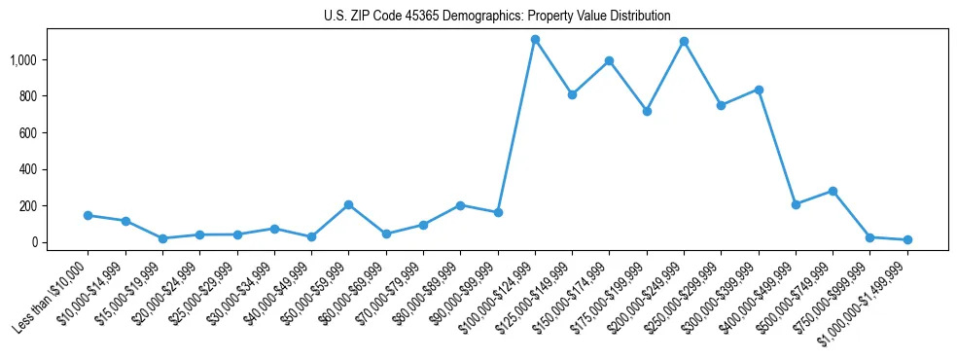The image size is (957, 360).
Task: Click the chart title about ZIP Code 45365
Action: point(497,16)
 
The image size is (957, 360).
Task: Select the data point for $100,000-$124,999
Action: point(535,39)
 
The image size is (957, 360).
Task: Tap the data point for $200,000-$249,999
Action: point(684,41)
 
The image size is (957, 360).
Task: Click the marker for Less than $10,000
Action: point(88,215)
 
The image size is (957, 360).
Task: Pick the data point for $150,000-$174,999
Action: point(609,60)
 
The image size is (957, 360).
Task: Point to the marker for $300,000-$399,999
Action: point(759,90)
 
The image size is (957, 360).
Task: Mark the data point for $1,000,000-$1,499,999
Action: point(907,239)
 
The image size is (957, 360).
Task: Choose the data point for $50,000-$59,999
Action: point(348,204)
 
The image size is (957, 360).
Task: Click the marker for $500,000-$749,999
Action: point(833,191)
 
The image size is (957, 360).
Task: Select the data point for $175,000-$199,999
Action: point(647,111)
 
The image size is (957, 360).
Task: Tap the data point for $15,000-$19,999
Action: point(162,238)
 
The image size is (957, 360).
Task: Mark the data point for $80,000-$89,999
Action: point(460,205)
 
